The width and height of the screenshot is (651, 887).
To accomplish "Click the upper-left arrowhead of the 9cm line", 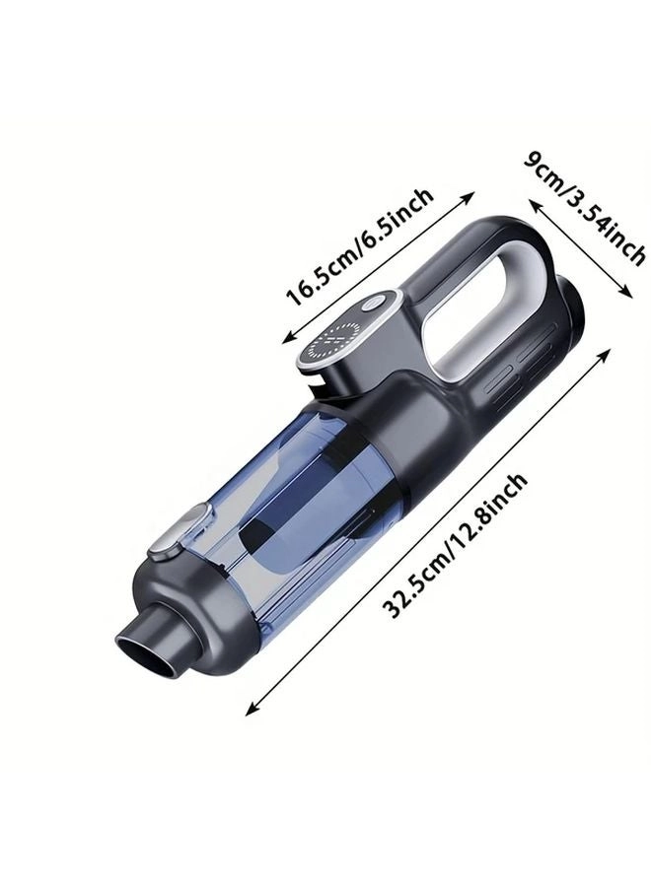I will [536, 201].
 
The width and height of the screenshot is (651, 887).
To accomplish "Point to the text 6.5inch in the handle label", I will [396, 222].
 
